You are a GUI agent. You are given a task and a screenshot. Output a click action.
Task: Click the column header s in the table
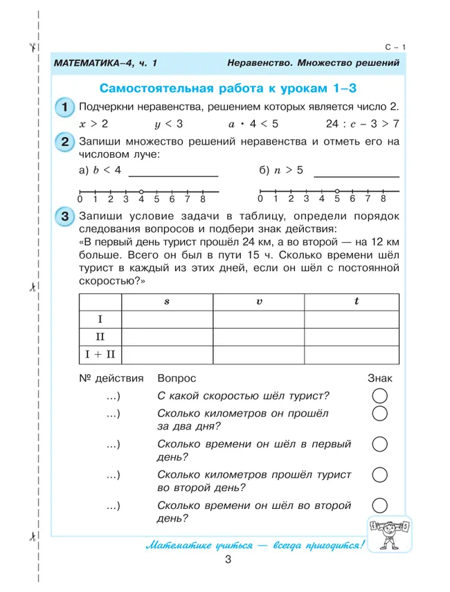click(167, 302)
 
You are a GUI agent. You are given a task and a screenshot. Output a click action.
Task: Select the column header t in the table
click(356, 302)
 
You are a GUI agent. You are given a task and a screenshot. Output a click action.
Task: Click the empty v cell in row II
click(259, 337)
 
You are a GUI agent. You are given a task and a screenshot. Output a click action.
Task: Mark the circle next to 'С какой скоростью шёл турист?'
click(379, 396)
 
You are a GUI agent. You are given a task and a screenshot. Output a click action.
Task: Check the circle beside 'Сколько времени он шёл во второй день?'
click(379, 506)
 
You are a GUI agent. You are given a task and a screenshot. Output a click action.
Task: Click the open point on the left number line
click(141, 191)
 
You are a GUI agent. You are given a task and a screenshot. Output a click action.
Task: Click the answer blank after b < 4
click(172, 174)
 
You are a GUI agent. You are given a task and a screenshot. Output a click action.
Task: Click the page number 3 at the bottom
click(228, 561)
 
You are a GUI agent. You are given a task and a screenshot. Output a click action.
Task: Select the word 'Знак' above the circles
click(379, 378)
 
